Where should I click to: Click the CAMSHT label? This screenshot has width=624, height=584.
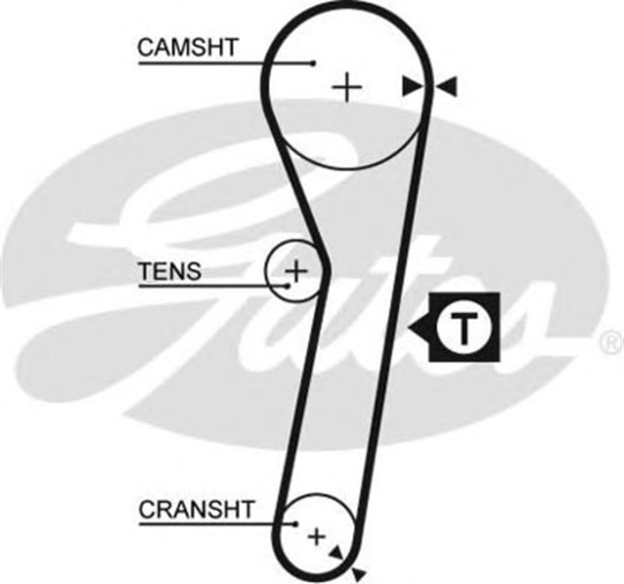[187, 47]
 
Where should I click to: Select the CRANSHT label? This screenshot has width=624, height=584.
[197, 508]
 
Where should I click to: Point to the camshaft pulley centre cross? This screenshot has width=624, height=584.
[346, 88]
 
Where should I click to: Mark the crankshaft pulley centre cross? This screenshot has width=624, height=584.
[316, 535]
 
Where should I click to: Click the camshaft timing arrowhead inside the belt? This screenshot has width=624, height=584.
[413, 88]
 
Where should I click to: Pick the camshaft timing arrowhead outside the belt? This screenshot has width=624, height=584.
[448, 88]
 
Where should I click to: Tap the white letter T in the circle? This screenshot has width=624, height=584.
[465, 328]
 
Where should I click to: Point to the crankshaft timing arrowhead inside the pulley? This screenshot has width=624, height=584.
[337, 553]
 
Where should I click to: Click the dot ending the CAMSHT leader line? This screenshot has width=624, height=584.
[313, 63]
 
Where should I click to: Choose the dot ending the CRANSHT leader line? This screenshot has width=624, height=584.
[294, 525]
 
